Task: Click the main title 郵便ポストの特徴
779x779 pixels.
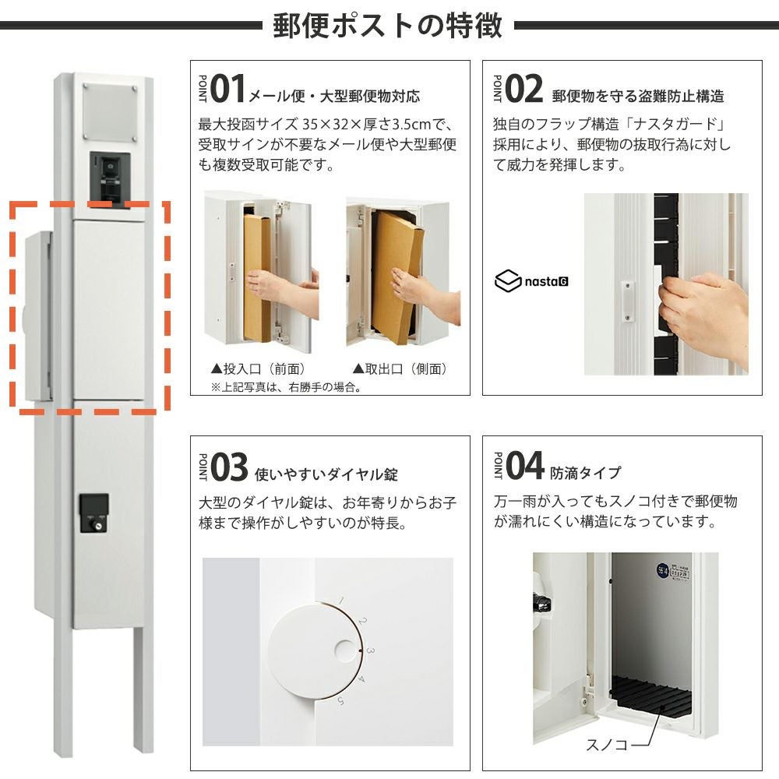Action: point(387,26)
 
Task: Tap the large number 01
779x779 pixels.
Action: point(228,89)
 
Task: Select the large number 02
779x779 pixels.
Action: point(523,89)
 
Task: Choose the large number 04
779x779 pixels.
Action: point(525,466)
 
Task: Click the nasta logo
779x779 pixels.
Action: point(531,280)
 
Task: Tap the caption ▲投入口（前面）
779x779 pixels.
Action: point(259,368)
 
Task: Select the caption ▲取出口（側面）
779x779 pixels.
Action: point(400,368)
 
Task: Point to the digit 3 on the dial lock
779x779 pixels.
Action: point(370,650)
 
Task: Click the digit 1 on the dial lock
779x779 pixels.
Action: point(341,601)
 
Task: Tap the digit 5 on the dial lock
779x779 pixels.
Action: point(341,701)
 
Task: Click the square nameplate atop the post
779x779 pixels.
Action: point(110,112)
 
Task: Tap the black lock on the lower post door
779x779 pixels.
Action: point(94,513)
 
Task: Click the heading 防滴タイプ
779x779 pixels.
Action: point(585,473)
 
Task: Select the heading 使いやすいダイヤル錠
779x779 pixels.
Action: point(326,474)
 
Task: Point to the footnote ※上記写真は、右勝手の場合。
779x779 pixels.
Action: point(286,387)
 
